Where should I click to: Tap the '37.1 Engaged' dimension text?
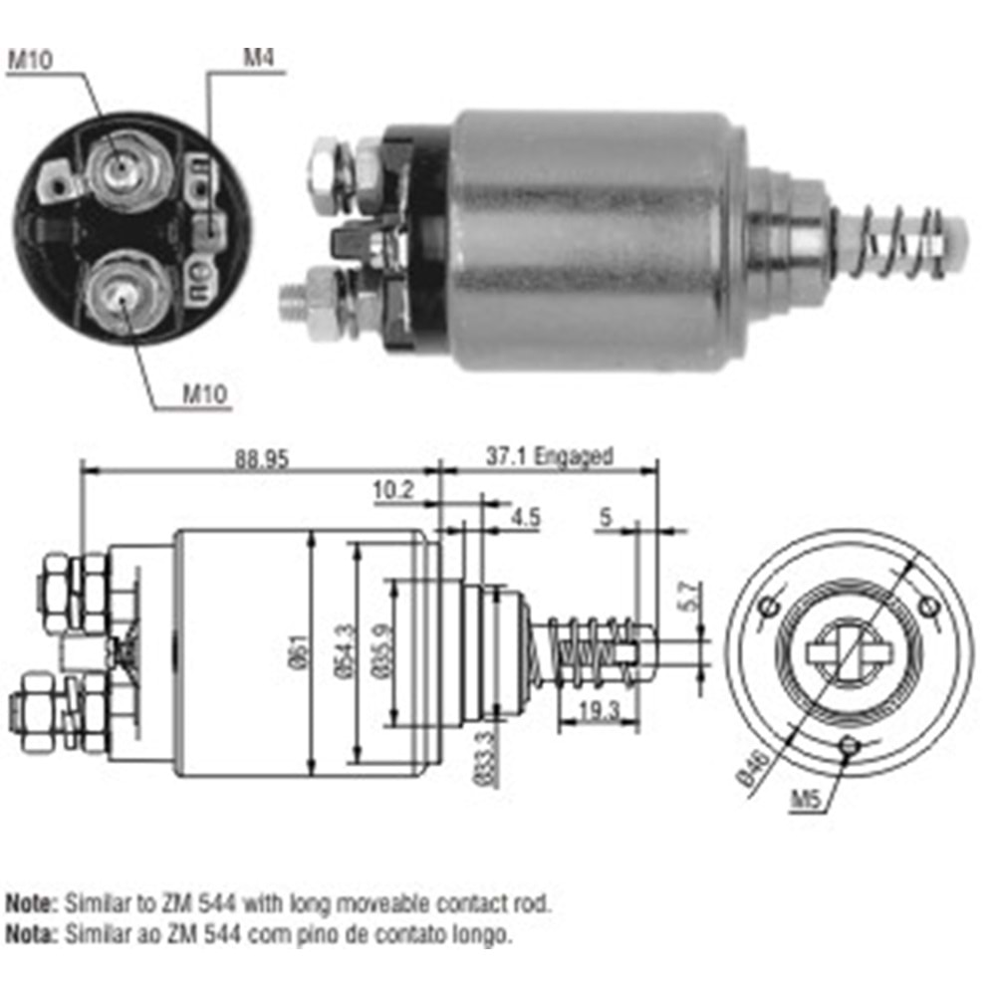click(x=548, y=457)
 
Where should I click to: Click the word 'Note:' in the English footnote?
click(x=32, y=904)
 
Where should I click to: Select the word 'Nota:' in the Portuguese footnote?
click(x=32, y=934)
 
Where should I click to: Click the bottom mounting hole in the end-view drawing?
click(x=848, y=745)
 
